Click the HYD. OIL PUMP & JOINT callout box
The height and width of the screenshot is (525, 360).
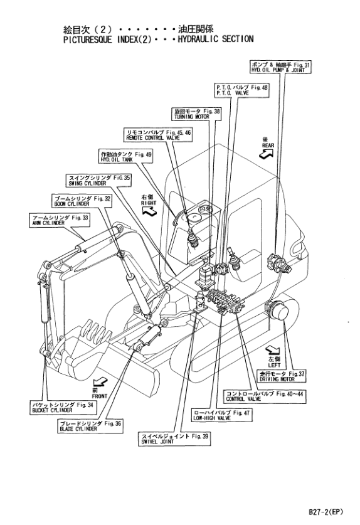(280, 67)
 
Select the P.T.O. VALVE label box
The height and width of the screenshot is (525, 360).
(241, 90)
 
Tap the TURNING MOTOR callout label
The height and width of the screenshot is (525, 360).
(196, 114)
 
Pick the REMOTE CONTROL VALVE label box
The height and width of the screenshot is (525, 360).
(157, 135)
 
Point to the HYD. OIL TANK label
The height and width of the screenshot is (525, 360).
(125, 157)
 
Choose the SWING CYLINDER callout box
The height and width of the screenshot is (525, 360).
(98, 180)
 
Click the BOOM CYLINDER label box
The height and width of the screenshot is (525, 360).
(82, 201)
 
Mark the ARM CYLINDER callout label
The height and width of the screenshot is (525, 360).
(59, 220)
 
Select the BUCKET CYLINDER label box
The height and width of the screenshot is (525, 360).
(62, 408)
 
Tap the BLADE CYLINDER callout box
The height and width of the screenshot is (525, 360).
(90, 426)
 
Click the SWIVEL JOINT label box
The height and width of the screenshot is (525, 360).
(174, 438)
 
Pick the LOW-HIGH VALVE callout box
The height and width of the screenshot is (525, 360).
(221, 415)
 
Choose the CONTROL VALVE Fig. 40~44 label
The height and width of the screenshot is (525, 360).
(265, 396)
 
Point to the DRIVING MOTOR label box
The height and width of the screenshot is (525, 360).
(282, 376)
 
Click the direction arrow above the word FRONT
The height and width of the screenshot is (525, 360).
(100, 381)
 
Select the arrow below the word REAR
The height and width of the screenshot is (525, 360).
(267, 153)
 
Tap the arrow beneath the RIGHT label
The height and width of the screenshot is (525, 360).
(149, 210)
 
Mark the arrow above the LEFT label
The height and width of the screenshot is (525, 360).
(273, 350)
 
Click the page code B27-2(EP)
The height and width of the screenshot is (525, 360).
(326, 512)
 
